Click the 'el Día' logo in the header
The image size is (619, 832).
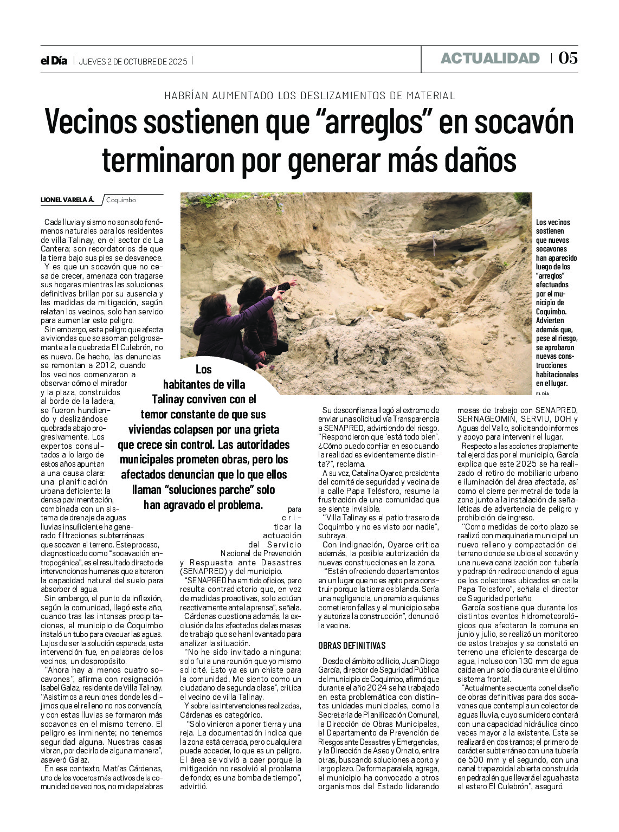click(x=54, y=61)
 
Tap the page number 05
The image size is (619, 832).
click(x=568, y=58)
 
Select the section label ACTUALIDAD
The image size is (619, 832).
click(x=490, y=59)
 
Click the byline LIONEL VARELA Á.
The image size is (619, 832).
click(x=67, y=200)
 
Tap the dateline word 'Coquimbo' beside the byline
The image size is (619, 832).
click(x=121, y=200)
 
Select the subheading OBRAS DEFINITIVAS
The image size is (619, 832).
click(x=352, y=645)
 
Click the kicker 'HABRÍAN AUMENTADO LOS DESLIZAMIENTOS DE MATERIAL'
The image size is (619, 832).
click(x=309, y=95)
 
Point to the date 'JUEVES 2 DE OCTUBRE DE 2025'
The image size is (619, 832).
click(x=133, y=61)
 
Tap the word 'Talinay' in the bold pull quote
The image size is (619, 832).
click(x=168, y=399)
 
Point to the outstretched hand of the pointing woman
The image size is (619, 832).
click(x=293, y=282)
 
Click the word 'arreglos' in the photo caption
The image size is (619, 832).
click(x=550, y=276)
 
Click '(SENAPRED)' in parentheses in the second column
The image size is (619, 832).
click(x=204, y=571)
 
